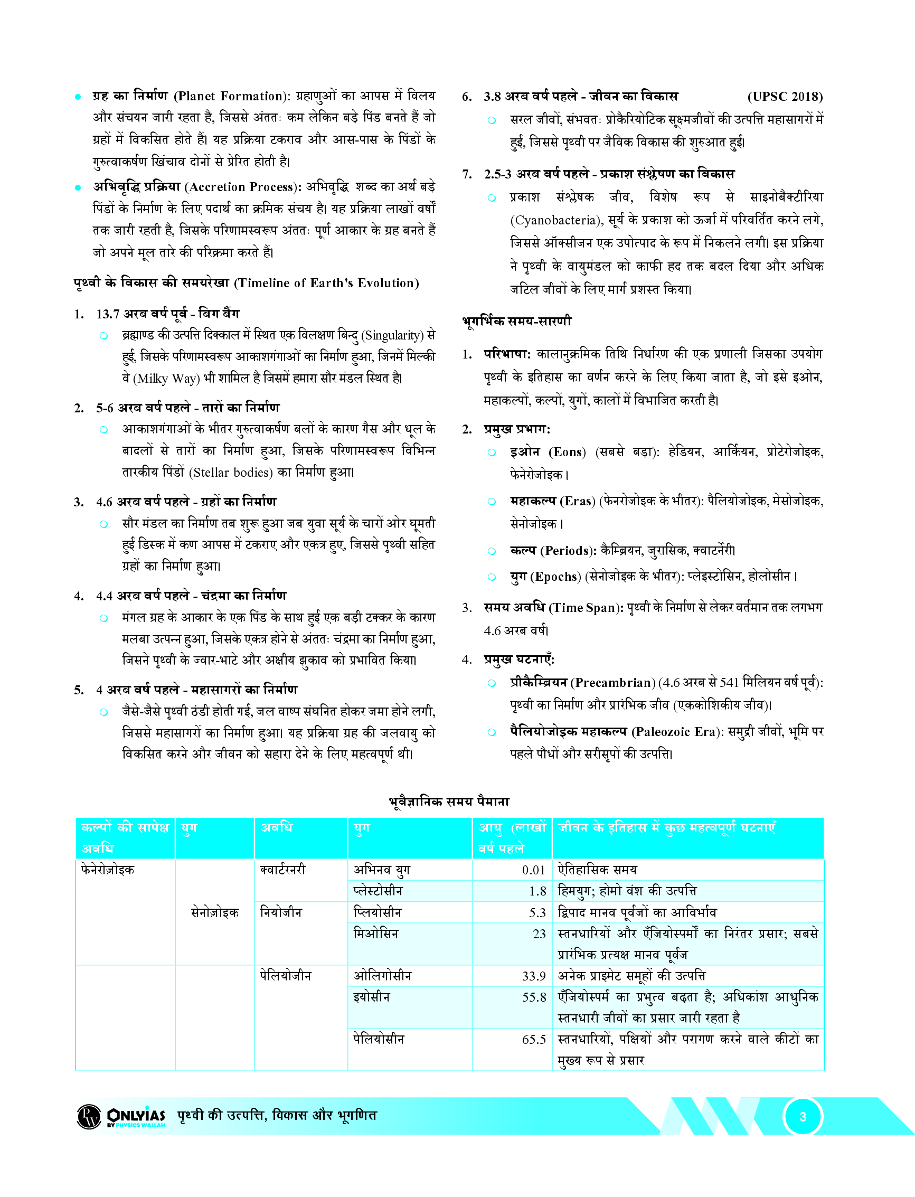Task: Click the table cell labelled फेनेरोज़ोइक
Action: (107, 870)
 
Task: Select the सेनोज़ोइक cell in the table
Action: (214, 913)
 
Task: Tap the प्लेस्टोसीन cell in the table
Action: (378, 891)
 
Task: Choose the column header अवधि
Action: (277, 828)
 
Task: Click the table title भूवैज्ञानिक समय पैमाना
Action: (449, 802)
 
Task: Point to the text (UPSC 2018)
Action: (784, 97)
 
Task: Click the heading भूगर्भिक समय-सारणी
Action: (517, 321)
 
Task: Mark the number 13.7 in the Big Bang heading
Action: (108, 314)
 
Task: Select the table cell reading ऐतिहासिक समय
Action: (597, 870)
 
